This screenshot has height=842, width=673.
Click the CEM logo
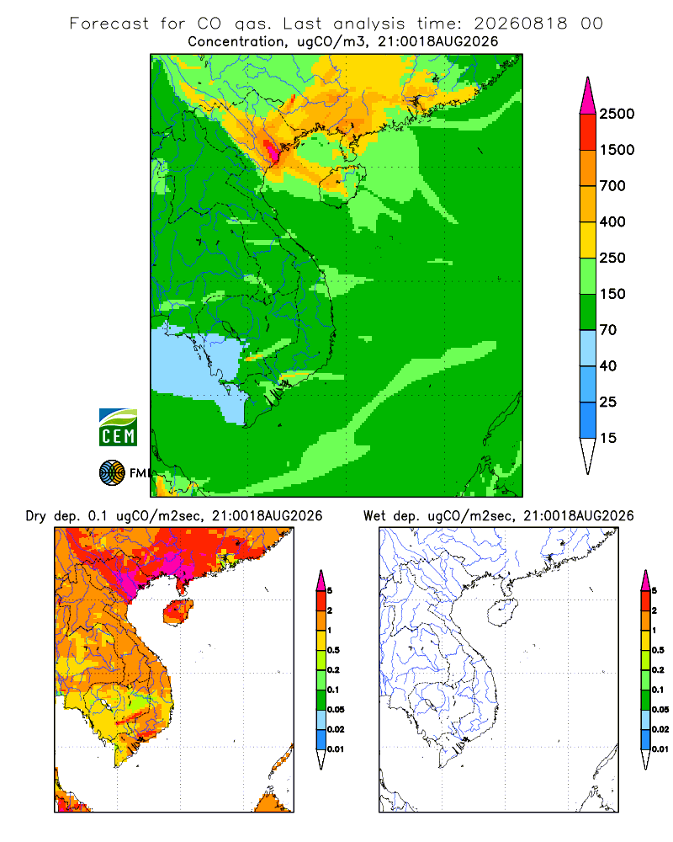click(x=118, y=428)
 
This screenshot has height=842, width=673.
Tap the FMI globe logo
click(x=112, y=473)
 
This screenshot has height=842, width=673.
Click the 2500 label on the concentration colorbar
click(x=617, y=114)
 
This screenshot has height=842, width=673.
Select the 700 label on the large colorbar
click(x=612, y=186)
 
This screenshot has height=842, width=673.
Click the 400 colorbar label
click(x=612, y=221)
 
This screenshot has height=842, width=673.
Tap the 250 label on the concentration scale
click(x=612, y=258)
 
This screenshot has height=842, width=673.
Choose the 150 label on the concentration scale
click(x=612, y=294)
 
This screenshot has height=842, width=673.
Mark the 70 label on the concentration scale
click(x=608, y=330)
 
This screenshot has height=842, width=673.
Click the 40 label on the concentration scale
click(x=608, y=365)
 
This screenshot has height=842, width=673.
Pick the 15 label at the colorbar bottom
click(x=608, y=438)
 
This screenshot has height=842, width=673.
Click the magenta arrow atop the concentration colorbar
click(x=588, y=96)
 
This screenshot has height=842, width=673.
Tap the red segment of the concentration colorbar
click(x=588, y=132)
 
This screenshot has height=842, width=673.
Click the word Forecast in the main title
click(x=109, y=24)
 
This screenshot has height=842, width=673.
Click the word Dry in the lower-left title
click(x=36, y=516)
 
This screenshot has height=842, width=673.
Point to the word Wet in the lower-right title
click(x=374, y=516)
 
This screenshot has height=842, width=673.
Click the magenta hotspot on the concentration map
click(x=273, y=151)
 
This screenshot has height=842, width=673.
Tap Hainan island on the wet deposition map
click(x=501, y=611)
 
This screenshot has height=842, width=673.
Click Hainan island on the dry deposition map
click(x=178, y=611)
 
